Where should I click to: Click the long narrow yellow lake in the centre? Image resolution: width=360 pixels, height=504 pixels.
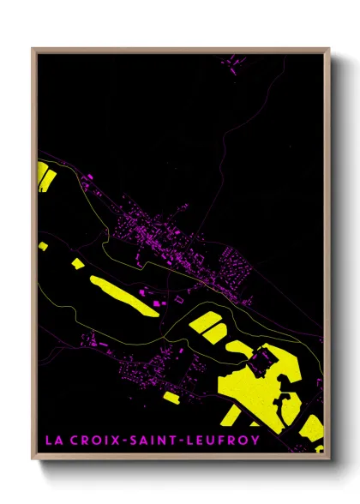(123, 295)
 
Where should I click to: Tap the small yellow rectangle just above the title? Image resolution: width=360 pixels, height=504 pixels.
(171, 398)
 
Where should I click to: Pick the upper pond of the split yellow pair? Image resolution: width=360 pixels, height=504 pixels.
(207, 323)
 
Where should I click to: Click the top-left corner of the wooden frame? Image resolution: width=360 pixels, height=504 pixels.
(33, 50)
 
